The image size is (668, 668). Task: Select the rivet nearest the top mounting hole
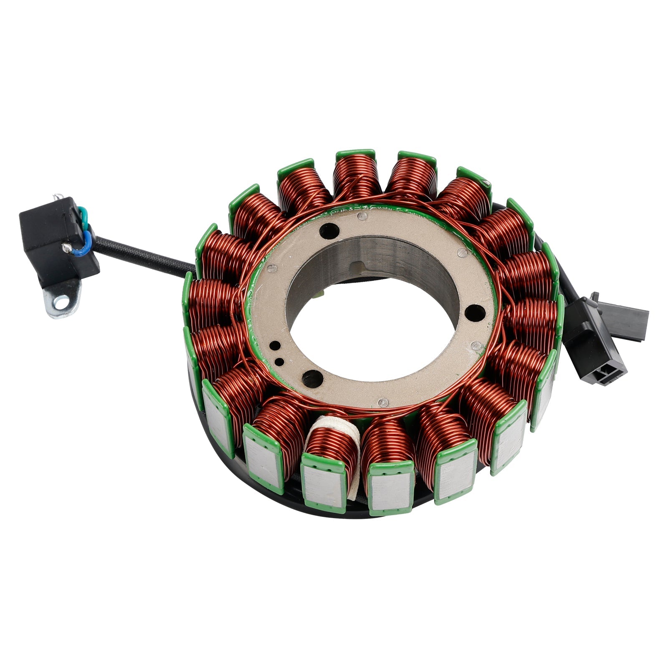click(x=363, y=216)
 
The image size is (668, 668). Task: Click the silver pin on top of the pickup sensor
click(x=56, y=198)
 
